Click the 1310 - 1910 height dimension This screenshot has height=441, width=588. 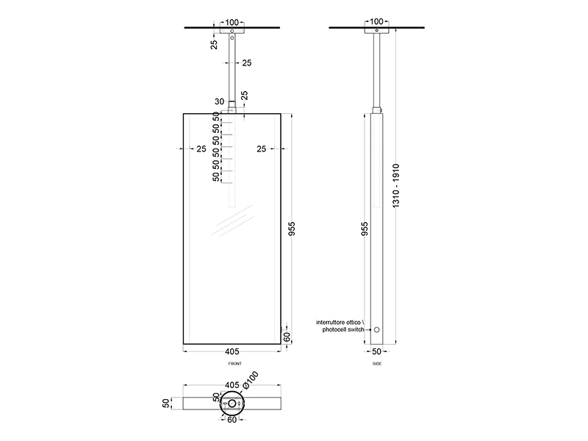396,186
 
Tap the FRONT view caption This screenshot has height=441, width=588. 235,363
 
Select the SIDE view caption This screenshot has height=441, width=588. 377,363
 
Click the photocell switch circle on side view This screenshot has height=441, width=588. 377,329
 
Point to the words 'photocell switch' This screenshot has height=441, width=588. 343,330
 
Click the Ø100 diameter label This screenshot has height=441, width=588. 251,379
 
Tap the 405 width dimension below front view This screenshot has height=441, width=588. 232,351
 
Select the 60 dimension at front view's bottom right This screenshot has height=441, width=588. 287,337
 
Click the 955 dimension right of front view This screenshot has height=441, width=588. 292,229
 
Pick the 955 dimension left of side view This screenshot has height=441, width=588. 365,229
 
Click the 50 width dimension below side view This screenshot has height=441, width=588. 377,351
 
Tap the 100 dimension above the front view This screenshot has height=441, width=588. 232,23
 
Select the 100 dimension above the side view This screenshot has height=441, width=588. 376,22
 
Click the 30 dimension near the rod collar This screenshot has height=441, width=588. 219,101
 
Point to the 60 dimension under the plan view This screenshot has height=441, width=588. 232,420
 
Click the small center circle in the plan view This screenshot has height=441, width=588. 232,404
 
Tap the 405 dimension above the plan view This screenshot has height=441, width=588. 232,385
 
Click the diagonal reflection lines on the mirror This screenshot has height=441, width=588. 232,220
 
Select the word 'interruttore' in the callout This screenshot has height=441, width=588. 330,322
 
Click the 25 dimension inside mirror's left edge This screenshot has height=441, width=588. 201,149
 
